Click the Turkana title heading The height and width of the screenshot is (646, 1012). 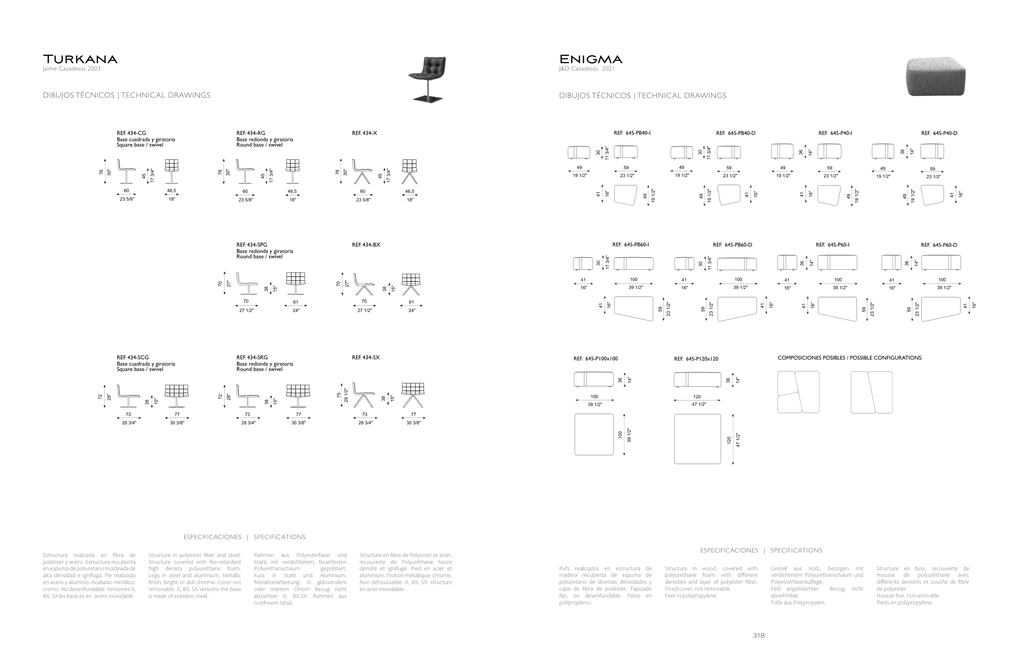[x=80, y=59]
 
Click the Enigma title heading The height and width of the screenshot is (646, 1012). [x=590, y=59]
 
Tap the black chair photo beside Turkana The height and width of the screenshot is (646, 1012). [x=427, y=79]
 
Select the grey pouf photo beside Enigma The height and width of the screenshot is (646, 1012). [x=936, y=77]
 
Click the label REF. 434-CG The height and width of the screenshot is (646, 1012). [x=131, y=133]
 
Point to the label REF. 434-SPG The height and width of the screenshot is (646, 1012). [x=251, y=245]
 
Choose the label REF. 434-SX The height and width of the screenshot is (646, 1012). [x=366, y=358]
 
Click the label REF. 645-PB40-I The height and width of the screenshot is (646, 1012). [x=632, y=133]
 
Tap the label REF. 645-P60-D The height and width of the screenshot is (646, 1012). [x=939, y=245]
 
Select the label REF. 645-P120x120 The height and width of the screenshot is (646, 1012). [x=696, y=359]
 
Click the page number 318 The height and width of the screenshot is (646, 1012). [x=758, y=635]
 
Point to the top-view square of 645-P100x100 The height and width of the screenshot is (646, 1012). [x=594, y=434]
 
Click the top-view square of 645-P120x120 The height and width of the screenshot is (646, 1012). [x=697, y=439]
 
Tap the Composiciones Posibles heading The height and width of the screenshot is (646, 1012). [x=850, y=358]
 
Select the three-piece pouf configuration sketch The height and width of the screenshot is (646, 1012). [x=798, y=392]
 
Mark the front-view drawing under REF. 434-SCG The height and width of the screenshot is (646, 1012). [x=177, y=396]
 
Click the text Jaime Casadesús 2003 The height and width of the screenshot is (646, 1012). [x=71, y=69]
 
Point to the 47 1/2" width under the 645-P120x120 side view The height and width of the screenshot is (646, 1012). [x=699, y=404]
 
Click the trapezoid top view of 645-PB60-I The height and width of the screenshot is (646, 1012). [x=634, y=309]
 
